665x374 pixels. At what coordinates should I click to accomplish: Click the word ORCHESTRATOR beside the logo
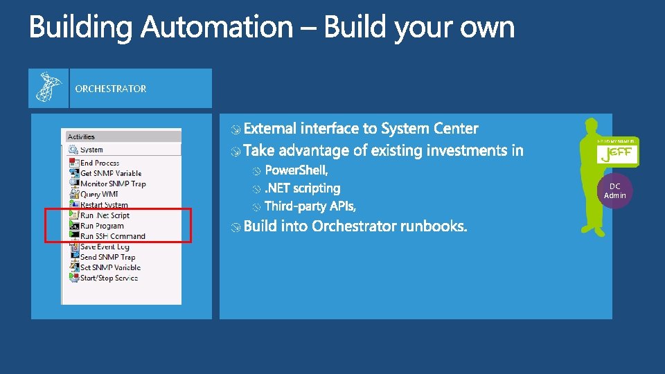111,89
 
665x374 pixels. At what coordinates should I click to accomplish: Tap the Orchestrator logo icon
48,88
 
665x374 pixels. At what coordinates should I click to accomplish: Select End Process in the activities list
100,163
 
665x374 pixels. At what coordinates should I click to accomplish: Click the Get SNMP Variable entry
110,173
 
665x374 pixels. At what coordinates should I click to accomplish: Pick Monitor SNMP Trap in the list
113,184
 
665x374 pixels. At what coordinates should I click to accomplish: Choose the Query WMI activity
99,194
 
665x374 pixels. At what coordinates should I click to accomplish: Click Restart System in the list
104,204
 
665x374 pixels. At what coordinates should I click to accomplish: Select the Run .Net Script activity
105,215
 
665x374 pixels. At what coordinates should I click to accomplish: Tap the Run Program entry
102,226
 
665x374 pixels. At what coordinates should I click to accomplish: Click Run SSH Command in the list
112,236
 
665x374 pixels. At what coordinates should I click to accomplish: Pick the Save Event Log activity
105,247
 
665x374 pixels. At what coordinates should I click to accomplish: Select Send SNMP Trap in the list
107,257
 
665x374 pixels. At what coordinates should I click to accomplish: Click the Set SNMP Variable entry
110,267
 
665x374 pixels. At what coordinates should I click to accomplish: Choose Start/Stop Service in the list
109,278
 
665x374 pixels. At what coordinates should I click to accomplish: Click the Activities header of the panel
82,136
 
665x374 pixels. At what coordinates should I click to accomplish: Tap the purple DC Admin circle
615,190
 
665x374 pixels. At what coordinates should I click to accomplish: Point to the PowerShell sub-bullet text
296,170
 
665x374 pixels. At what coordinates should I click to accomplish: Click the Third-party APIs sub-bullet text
310,206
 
